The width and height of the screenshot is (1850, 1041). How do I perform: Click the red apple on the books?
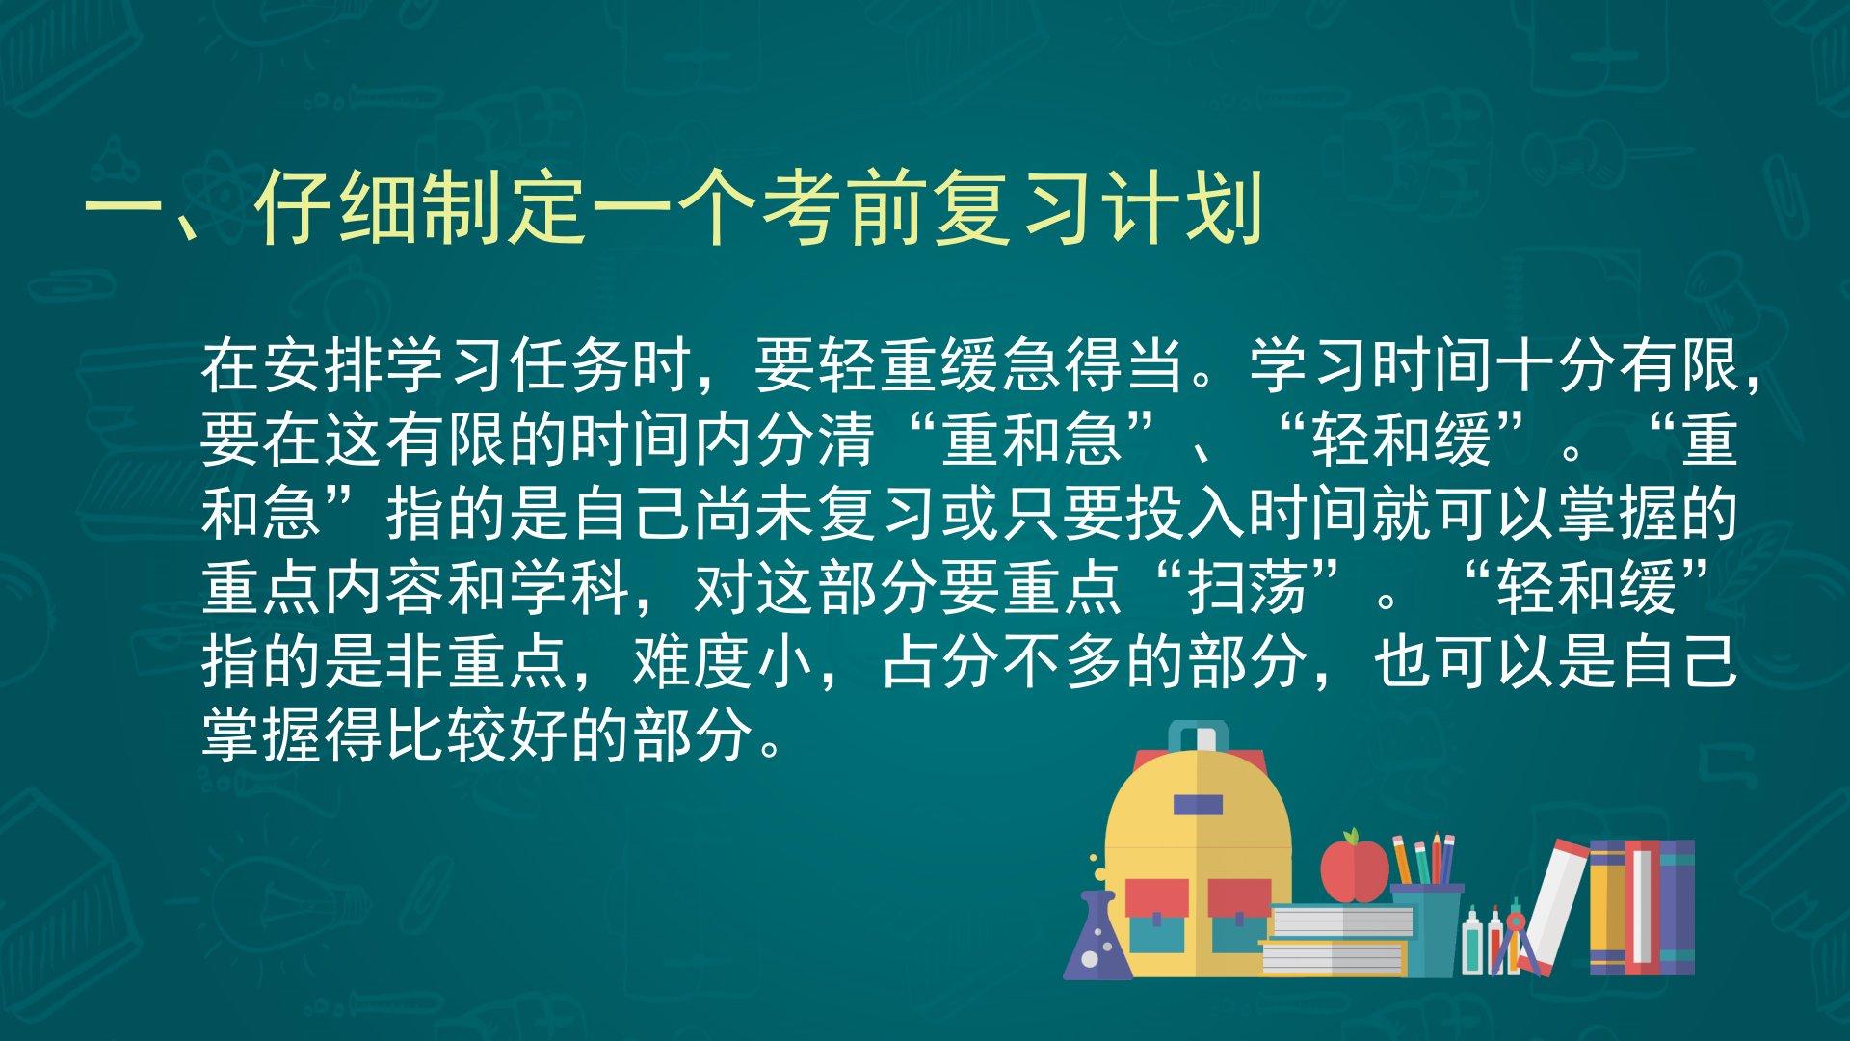(1354, 869)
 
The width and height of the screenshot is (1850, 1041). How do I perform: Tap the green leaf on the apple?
(1355, 836)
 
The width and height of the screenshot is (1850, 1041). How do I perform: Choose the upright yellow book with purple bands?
(1607, 907)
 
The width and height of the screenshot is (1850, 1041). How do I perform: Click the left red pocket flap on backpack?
(1156, 897)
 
